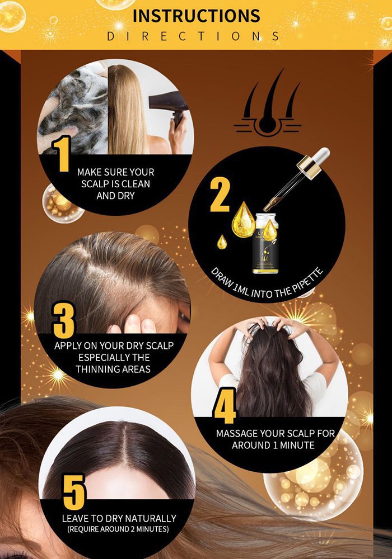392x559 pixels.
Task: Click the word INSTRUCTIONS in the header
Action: point(196,15)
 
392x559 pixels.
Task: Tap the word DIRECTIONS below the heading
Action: point(193,36)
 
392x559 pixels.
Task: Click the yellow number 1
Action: point(62,153)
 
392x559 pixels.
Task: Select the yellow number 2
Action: point(220,195)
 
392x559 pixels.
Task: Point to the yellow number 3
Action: point(63,321)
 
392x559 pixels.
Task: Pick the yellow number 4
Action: point(225,410)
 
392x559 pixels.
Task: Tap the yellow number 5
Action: point(73,492)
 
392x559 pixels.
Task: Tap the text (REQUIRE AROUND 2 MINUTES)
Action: point(118,529)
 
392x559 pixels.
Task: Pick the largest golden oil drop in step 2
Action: point(244,219)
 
